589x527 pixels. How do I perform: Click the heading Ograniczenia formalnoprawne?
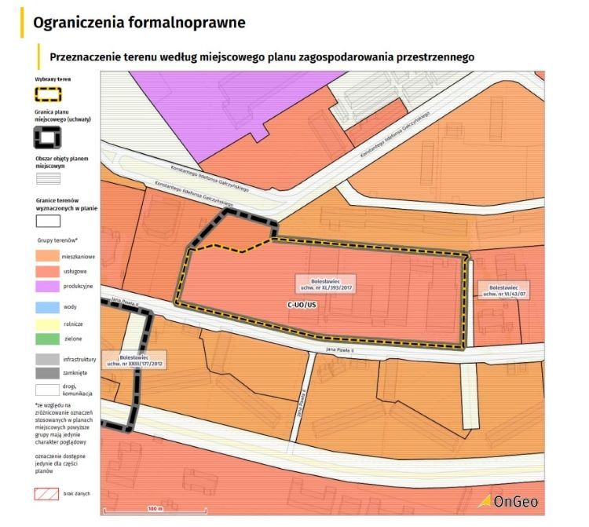tap(139, 23)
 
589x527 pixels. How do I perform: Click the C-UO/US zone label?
tap(301, 305)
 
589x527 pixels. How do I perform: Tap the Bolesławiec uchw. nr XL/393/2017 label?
tap(324, 284)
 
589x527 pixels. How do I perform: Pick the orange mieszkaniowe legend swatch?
tap(47, 256)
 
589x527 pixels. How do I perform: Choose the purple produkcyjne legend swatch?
tap(47, 286)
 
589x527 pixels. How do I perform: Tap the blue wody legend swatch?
tap(47, 308)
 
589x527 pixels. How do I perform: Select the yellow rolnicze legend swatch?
tap(47, 323)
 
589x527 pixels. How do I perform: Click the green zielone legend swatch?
tap(47, 339)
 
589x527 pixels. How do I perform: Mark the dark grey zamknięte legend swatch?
tap(47, 374)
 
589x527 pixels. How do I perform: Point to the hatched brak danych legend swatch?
tap(47, 495)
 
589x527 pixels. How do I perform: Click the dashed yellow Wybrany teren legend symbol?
tap(49, 95)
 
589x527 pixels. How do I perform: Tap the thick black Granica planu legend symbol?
tap(49, 139)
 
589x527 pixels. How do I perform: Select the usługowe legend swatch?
tap(47, 271)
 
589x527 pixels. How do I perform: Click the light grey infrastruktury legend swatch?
tap(47, 359)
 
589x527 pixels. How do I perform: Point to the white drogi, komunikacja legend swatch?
tap(47, 390)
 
